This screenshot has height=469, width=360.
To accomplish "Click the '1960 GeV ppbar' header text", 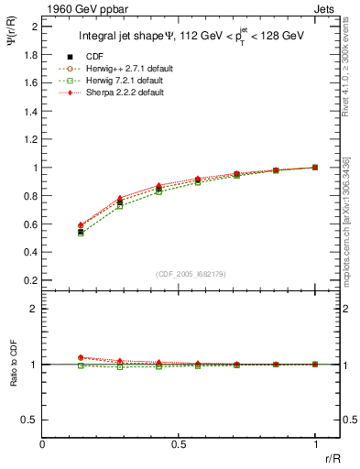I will tap(76, 8).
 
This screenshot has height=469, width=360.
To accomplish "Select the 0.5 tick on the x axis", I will tap(180, 442).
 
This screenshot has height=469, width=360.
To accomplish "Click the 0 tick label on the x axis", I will tap(43, 442).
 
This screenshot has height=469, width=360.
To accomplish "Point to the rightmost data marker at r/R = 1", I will tap(315, 168).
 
